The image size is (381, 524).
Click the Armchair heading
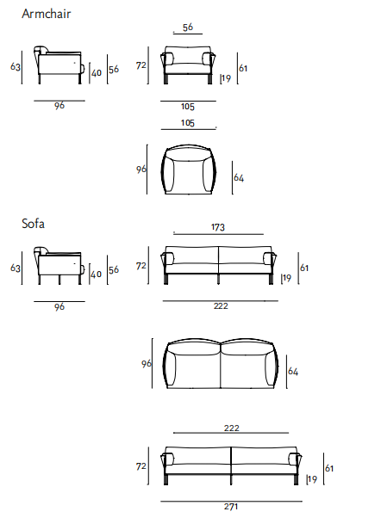point(47,14)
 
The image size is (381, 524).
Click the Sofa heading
point(33,224)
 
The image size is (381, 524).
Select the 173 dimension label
point(218,227)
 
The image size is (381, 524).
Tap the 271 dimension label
point(231,507)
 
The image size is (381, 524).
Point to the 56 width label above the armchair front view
point(188,27)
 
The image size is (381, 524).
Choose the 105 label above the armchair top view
point(188,123)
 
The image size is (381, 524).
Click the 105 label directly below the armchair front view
point(188,107)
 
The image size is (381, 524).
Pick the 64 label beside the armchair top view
point(239,177)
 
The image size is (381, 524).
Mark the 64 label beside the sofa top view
point(293,372)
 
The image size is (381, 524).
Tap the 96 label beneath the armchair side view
point(59,106)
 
